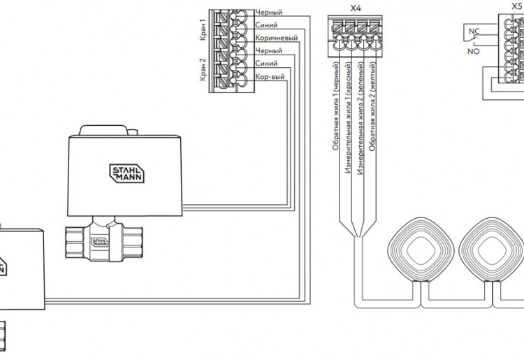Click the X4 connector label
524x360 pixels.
click(x=356, y=8)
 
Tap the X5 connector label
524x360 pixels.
click(x=517, y=6)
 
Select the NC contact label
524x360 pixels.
click(x=474, y=31)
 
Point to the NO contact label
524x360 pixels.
click(x=474, y=52)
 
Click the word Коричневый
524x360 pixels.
click(x=277, y=38)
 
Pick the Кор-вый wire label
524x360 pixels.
click(x=270, y=77)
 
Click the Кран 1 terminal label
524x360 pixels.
click(x=203, y=30)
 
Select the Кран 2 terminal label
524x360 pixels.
click(x=203, y=69)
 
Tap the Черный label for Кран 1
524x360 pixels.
click(x=269, y=13)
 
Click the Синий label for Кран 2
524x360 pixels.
click(x=266, y=64)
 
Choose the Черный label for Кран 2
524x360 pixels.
click(x=269, y=51)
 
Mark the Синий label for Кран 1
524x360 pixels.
click(x=266, y=25)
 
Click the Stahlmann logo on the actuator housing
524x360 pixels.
click(x=126, y=173)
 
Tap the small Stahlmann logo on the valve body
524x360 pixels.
click(x=100, y=243)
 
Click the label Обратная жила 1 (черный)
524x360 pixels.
click(x=336, y=106)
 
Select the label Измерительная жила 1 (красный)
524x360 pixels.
click(x=348, y=117)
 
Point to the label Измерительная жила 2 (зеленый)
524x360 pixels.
click(x=361, y=118)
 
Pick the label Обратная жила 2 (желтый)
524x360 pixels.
click(x=372, y=107)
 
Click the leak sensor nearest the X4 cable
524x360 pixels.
click(x=421, y=250)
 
